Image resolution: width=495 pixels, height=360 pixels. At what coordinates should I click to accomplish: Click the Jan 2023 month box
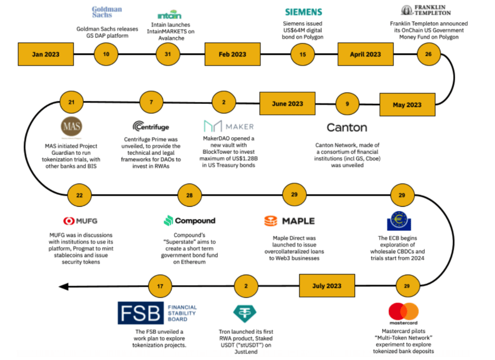[45, 54]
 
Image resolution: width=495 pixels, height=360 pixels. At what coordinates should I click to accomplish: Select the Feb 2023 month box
[232, 54]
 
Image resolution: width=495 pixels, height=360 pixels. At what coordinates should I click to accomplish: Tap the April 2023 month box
[366, 54]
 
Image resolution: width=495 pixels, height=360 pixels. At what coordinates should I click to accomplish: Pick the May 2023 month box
[407, 104]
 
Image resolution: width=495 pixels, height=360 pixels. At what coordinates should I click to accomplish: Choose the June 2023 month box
[287, 103]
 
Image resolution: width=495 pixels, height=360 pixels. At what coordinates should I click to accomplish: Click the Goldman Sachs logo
[107, 11]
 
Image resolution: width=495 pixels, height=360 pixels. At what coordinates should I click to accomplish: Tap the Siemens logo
[304, 11]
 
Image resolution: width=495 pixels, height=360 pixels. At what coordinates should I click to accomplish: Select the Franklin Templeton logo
[426, 10]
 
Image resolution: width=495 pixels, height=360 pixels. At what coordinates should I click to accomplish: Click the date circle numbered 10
[106, 54]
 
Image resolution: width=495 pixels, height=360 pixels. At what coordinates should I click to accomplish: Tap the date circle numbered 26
[428, 54]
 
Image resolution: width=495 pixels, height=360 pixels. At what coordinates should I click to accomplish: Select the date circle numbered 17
[160, 285]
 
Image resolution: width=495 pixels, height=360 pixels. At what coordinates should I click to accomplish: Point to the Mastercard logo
[403, 313]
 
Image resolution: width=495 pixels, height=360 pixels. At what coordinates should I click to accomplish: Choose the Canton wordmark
[347, 127]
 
